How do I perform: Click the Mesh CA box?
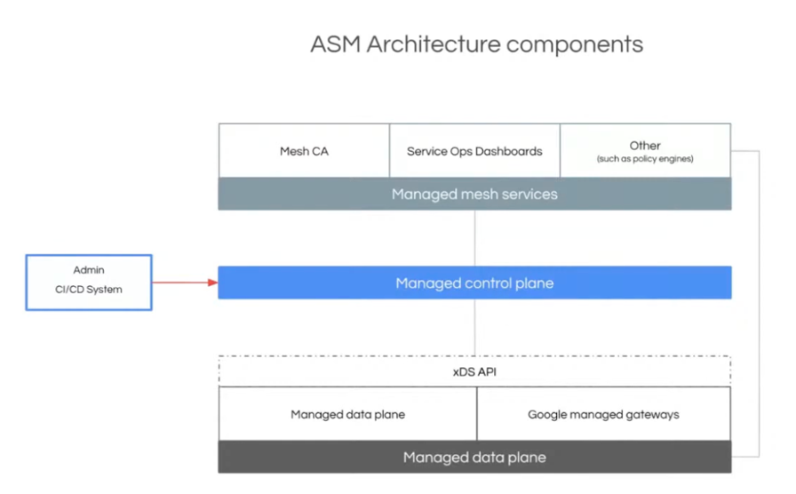coord(304,151)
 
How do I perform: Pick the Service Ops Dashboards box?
coord(474,151)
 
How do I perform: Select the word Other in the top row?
coord(645,145)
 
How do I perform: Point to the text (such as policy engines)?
coord(645,159)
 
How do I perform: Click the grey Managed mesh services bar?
coord(474,194)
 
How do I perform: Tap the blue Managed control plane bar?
coord(474,283)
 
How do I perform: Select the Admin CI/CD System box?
coord(89,283)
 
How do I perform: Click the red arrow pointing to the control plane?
coord(185,283)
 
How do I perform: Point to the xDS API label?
coord(474,371)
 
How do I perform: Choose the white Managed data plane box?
coord(347,414)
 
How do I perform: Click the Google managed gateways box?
coord(603,414)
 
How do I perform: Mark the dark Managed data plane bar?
coord(474,458)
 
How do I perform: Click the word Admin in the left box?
coord(89,269)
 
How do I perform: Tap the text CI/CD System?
coord(89,290)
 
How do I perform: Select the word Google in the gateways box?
coord(548,414)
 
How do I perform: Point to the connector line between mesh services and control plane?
coord(474,238)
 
